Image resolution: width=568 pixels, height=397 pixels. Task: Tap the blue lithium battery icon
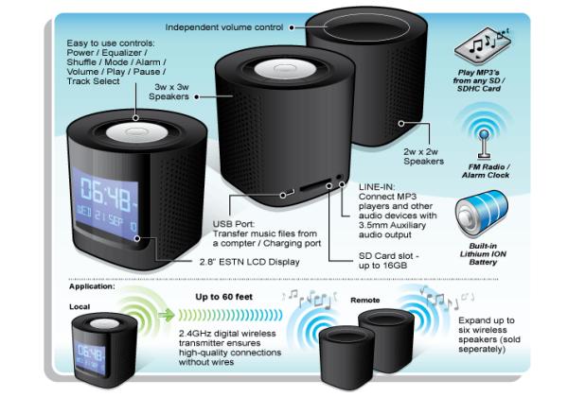pyautogui.click(x=482, y=214)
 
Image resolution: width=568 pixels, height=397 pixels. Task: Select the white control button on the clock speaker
pyautogui.click(x=136, y=132)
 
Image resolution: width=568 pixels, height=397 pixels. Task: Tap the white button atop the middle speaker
pyautogui.click(x=285, y=69)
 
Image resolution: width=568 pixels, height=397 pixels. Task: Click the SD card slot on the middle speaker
pyautogui.click(x=315, y=185)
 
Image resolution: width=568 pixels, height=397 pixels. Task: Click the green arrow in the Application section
pyautogui.click(x=167, y=315)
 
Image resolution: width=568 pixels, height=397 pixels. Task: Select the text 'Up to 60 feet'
pyautogui.click(x=223, y=297)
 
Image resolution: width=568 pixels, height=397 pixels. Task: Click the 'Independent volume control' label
pyautogui.click(x=223, y=27)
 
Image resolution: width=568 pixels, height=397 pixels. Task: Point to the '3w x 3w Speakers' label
pyautogui.click(x=169, y=92)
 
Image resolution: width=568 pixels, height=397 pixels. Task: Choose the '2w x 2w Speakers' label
pyautogui.click(x=423, y=157)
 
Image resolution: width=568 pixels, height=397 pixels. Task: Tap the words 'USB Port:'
pyautogui.click(x=234, y=224)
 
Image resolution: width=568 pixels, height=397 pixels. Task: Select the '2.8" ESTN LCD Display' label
pyautogui.click(x=250, y=262)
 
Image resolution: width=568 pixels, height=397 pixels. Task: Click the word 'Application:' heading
pyautogui.click(x=92, y=286)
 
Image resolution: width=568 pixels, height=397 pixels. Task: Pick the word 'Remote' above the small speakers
pyautogui.click(x=365, y=300)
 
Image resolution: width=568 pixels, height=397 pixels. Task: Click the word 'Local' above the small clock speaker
pyautogui.click(x=80, y=306)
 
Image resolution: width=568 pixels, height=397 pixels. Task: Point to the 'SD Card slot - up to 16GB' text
pyautogui.click(x=388, y=261)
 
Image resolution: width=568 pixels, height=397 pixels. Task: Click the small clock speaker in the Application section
pyautogui.click(x=104, y=350)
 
